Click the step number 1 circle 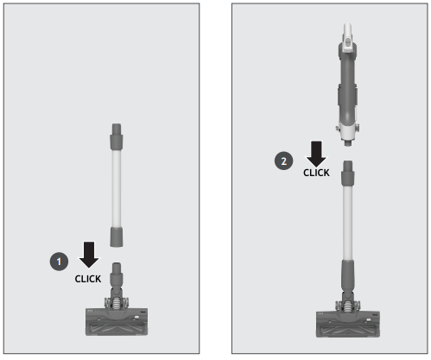coord(58,258)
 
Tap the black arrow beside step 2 coord(316,154)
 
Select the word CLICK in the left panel coord(88,278)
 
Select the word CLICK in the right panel coord(316,173)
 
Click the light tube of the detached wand coord(117,186)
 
